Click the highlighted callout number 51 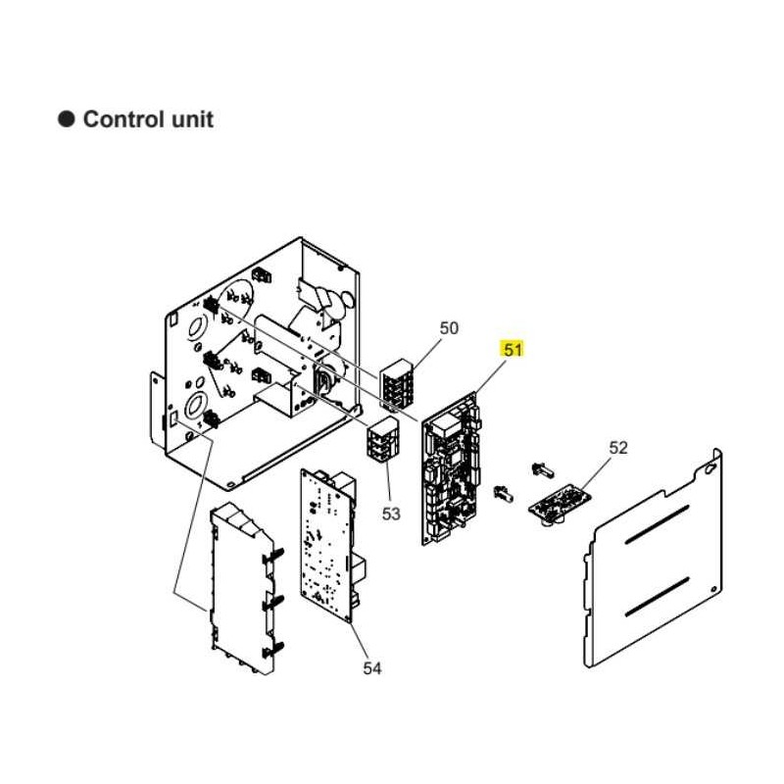pyautogui.click(x=513, y=350)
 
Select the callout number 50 pyautogui.click(x=449, y=328)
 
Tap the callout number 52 pyautogui.click(x=618, y=448)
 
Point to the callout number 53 pyautogui.click(x=391, y=514)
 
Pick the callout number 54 pyautogui.click(x=372, y=668)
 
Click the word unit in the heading pyautogui.click(x=192, y=120)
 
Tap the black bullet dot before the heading pyautogui.click(x=67, y=120)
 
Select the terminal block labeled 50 pyautogui.click(x=398, y=384)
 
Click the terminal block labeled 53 pyautogui.click(x=384, y=438)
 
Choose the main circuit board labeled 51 pyautogui.click(x=451, y=469)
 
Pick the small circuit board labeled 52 pyautogui.click(x=560, y=504)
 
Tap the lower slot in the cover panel pyautogui.click(x=657, y=597)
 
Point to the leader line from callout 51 pyautogui.click(x=489, y=376)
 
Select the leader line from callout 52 pyautogui.click(x=595, y=473)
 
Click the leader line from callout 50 pyautogui.click(x=425, y=355)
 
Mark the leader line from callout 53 pyautogui.click(x=387, y=483)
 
